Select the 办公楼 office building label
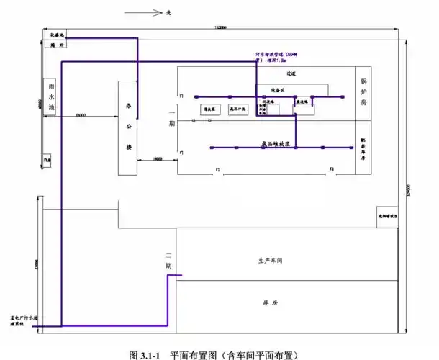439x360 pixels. pyautogui.click(x=129, y=127)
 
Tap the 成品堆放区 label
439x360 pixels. pyautogui.click(x=275, y=144)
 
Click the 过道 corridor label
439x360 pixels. pyautogui.click(x=291, y=73)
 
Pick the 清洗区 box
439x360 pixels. pyautogui.click(x=211, y=109)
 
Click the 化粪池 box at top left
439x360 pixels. pyautogui.click(x=54, y=35)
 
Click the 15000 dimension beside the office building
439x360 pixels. pyautogui.click(x=157, y=158)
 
